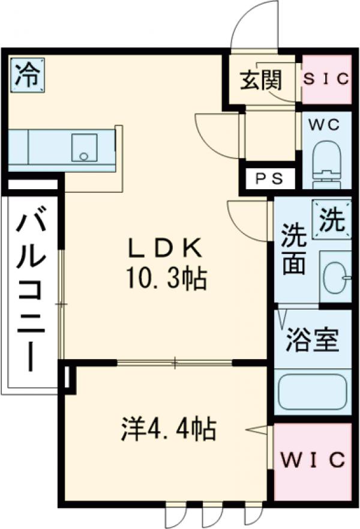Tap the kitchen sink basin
pos(83,148)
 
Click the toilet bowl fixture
pos(326,159)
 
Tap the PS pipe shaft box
pos(268,178)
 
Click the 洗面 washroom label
pos(294,247)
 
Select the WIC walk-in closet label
pos(312,460)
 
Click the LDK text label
pos(166,247)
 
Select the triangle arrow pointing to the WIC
pos(258,430)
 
